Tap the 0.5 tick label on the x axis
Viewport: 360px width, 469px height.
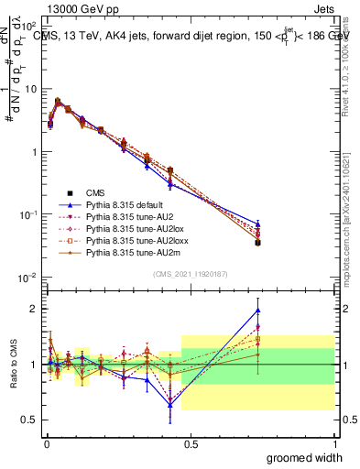[190, 443]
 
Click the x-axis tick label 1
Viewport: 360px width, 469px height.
[334, 443]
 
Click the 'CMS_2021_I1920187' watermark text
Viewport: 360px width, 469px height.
[190, 274]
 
